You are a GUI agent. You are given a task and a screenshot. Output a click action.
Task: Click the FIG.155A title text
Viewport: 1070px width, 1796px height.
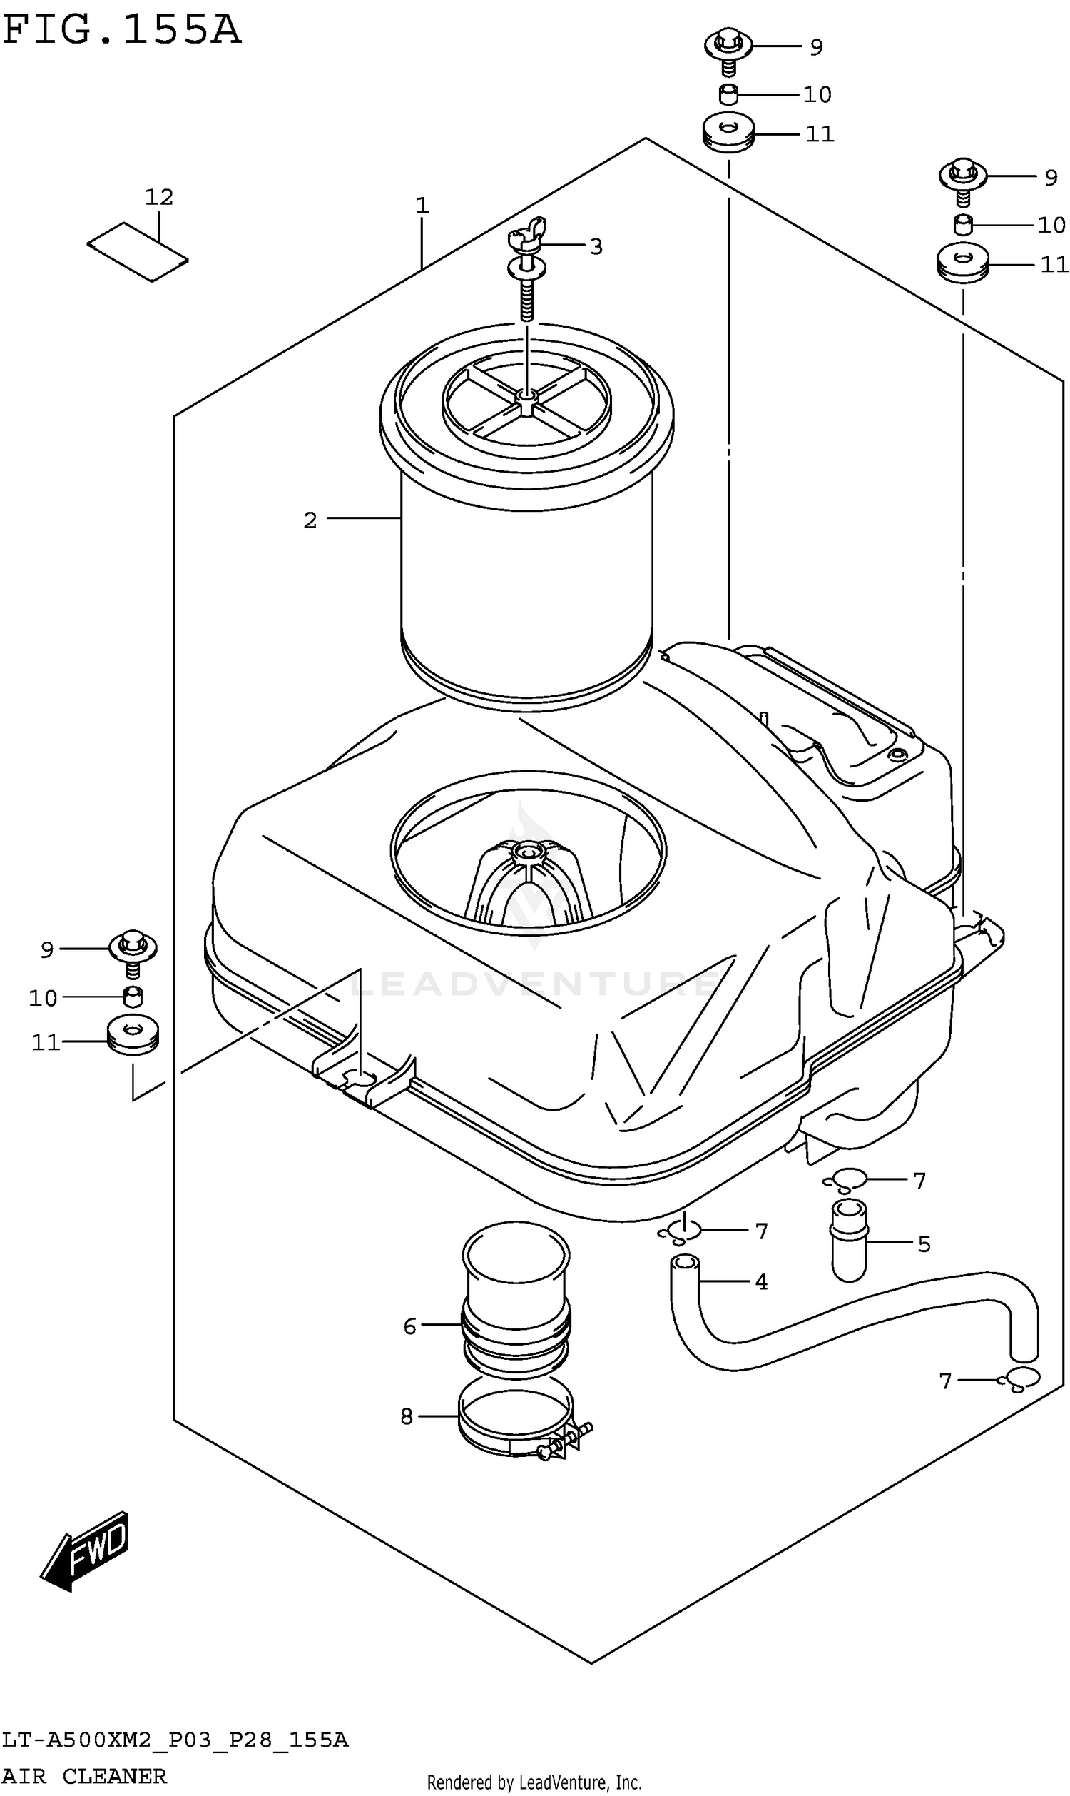[121, 30]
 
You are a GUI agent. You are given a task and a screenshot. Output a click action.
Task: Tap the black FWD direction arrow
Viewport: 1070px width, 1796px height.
[86, 1550]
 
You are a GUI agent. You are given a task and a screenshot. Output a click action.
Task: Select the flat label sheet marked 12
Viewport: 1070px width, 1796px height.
[138, 251]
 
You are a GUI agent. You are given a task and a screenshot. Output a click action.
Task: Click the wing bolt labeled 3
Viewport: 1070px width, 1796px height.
[527, 267]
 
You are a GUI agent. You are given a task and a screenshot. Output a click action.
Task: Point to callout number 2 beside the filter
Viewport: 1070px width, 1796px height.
[310, 520]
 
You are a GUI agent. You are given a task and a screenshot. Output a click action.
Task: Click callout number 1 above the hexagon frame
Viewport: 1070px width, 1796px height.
[422, 206]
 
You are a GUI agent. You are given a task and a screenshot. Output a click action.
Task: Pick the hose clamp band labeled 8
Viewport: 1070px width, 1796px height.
[516, 1422]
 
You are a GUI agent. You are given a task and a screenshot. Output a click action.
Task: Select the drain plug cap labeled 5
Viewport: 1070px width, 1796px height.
[849, 1240]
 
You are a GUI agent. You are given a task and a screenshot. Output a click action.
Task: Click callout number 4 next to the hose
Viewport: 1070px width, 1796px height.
[760, 1283]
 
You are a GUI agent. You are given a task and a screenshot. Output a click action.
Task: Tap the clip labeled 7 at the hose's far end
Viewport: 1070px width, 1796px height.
[1019, 1380]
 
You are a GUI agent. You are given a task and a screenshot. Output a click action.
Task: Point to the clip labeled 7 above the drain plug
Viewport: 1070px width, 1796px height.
[845, 1181]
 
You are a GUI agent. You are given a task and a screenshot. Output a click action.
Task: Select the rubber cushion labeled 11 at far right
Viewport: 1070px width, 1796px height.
[962, 265]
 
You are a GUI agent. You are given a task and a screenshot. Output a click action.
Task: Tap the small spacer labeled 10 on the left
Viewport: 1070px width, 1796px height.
[133, 997]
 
